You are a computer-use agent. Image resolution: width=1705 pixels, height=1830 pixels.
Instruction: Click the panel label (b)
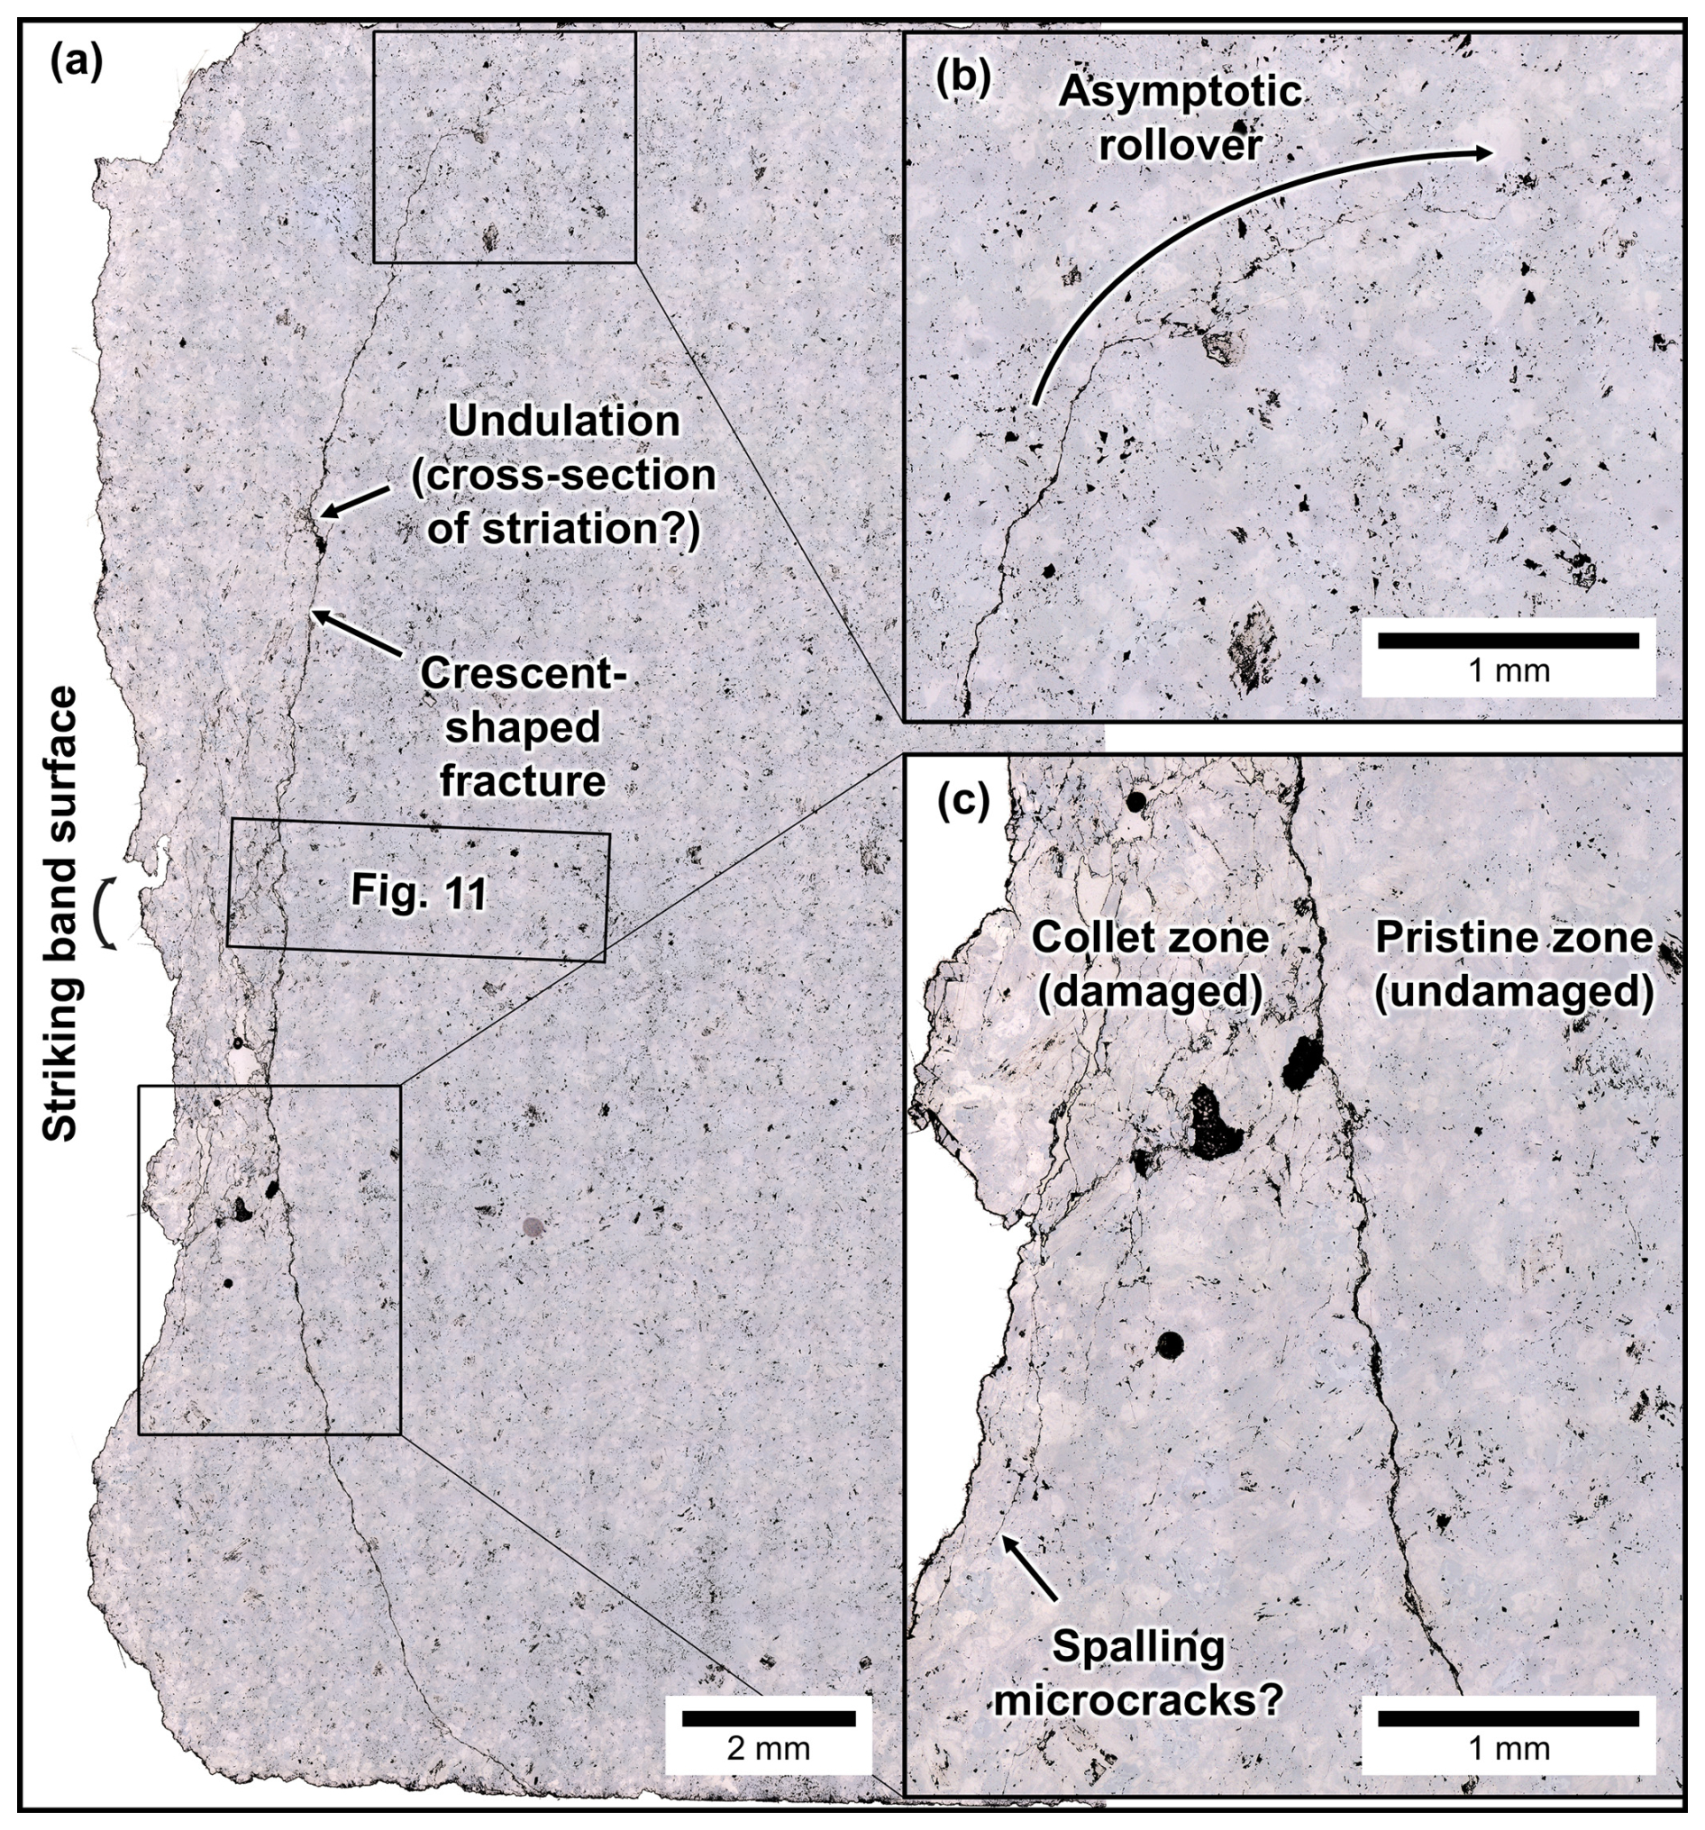pos(963,81)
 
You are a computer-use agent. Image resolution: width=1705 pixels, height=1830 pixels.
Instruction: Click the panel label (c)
pos(963,803)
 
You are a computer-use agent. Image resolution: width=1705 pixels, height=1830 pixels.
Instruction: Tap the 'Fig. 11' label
pos(419,892)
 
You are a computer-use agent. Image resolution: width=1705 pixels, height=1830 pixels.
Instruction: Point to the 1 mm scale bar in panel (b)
pos(1508,641)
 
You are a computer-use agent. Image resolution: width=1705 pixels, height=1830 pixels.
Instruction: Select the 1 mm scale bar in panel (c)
pos(1508,1717)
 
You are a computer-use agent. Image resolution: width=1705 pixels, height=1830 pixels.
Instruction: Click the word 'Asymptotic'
pos(1181,92)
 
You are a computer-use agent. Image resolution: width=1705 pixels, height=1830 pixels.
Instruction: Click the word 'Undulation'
pos(563,422)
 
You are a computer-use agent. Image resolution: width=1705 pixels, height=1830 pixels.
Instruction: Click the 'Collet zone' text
pos(1150,938)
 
